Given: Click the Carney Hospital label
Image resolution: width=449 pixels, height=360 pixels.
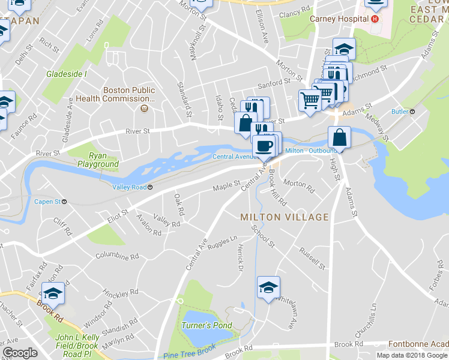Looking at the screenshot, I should [x=339, y=19].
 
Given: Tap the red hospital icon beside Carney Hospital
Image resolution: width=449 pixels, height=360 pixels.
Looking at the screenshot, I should [x=375, y=19].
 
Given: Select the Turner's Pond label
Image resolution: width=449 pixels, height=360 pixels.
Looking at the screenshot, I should [x=206, y=325].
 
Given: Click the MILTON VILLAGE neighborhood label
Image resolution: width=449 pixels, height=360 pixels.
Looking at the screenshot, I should [x=285, y=217].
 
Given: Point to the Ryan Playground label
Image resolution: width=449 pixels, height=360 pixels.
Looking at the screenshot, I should [x=98, y=160].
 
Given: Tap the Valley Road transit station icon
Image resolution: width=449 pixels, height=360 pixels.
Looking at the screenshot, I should [x=150, y=187].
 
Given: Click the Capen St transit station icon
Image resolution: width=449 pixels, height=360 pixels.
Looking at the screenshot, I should [x=64, y=202].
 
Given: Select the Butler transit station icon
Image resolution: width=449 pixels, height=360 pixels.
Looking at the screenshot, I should [x=412, y=112].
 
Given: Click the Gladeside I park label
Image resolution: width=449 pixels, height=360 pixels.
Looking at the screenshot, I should [x=67, y=74].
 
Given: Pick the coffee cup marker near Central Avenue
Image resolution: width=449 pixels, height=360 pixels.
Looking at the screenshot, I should [x=264, y=146].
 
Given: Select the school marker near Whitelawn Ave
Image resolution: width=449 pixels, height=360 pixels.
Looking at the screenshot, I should [x=268, y=287].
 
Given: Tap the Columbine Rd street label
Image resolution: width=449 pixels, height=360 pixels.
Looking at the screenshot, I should [x=117, y=256].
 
